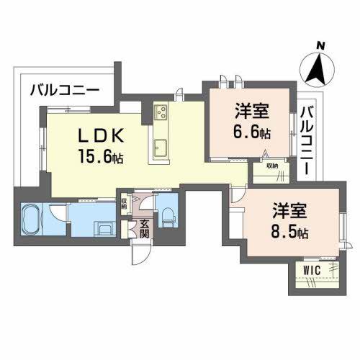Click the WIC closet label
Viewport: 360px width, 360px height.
311,269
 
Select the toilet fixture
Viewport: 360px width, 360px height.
167,215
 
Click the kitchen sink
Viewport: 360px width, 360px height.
160,150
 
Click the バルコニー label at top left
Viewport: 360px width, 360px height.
65,91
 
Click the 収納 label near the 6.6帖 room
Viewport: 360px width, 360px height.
271,166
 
